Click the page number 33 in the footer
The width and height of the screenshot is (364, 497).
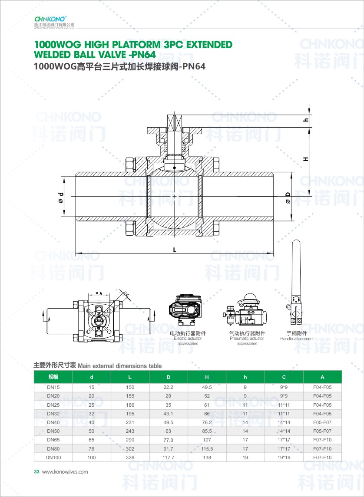[x=36, y=471]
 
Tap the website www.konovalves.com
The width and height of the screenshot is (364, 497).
[x=65, y=471]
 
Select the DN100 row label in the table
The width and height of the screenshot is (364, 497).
[x=53, y=458]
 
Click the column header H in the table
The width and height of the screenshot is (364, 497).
[x=207, y=377]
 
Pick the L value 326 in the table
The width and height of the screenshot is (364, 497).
[x=130, y=458]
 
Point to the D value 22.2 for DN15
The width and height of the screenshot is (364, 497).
[x=169, y=387]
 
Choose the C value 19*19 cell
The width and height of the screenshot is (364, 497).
[x=284, y=458]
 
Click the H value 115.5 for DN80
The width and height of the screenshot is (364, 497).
[x=207, y=449]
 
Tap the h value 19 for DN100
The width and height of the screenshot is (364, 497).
[x=245, y=458]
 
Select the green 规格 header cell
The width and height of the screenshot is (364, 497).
[x=53, y=377]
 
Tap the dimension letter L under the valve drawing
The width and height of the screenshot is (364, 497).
[x=175, y=250]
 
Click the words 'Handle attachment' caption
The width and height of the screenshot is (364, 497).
[x=297, y=339]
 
